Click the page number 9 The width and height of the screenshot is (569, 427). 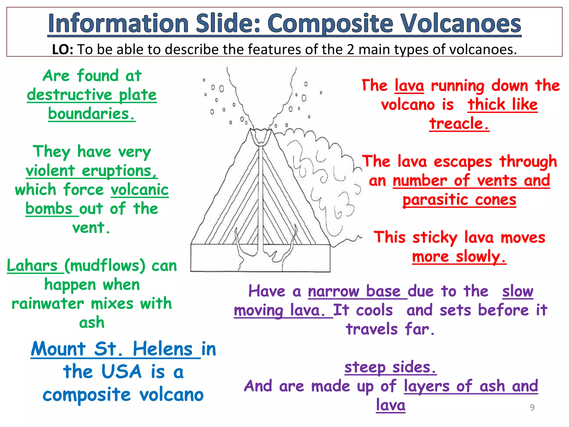[x=532, y=407]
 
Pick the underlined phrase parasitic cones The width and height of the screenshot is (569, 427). [x=459, y=200]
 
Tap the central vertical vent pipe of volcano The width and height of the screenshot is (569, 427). [x=261, y=195]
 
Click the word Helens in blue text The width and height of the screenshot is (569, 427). [x=163, y=349]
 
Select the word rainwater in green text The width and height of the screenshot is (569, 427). [x=48, y=303]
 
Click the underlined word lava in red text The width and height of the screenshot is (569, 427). [x=409, y=85]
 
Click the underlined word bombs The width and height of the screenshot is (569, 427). [x=49, y=208]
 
